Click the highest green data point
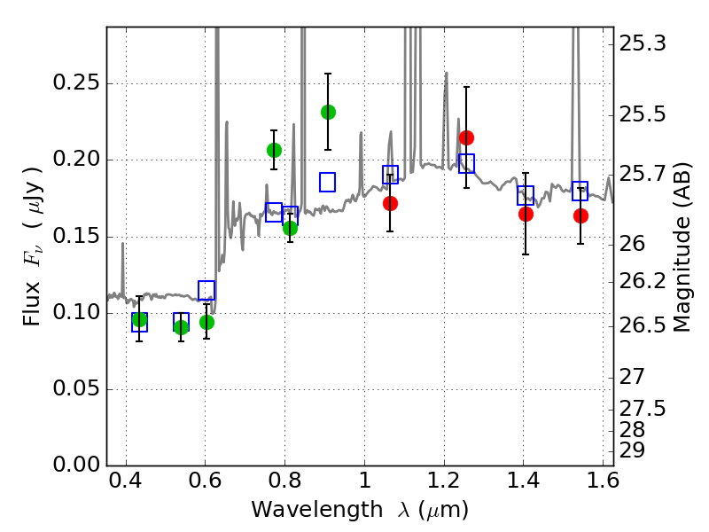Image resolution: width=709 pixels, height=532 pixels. (x=328, y=112)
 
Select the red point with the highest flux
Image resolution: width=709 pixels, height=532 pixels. (x=466, y=137)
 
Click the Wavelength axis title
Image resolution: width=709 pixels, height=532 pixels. (x=360, y=511)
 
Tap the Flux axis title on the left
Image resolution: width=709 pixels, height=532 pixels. (x=33, y=233)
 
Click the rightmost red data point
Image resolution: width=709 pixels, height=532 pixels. (x=580, y=215)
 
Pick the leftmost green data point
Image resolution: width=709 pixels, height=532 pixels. (x=139, y=320)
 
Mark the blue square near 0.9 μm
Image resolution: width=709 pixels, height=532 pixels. (x=327, y=182)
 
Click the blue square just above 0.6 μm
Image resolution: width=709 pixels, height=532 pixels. (x=206, y=290)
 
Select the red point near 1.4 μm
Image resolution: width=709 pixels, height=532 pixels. (x=526, y=214)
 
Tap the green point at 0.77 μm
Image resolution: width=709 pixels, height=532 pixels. (x=274, y=150)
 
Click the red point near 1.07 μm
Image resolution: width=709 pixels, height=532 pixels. (x=390, y=203)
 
